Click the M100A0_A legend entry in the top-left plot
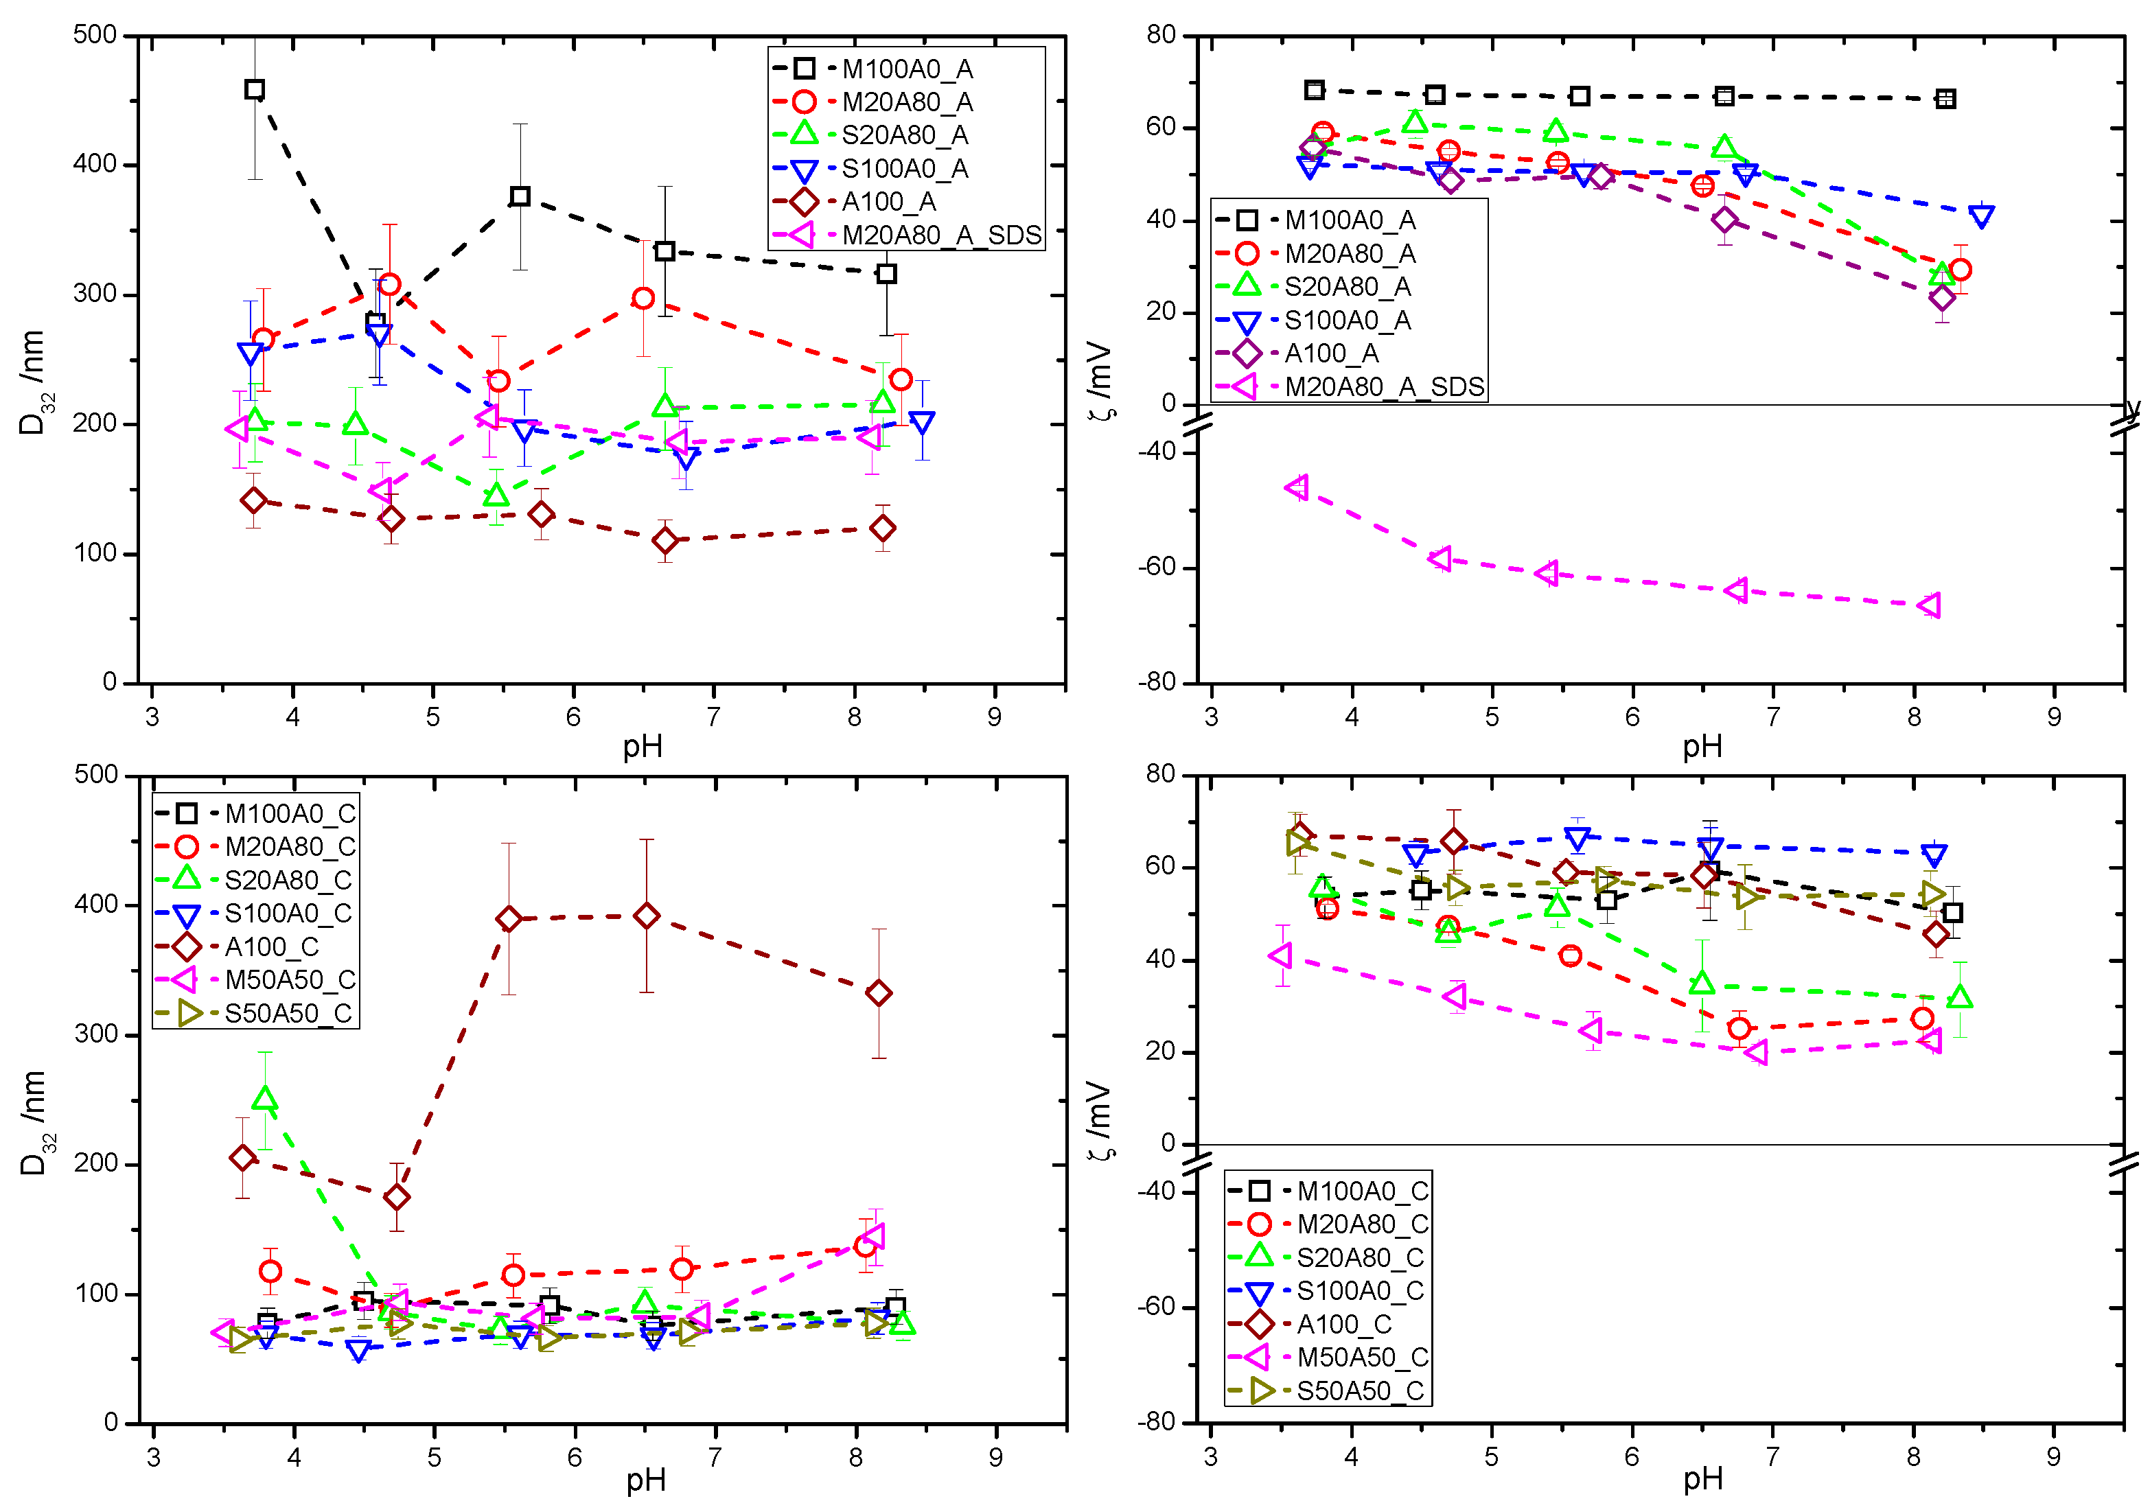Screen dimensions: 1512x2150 pos(905,69)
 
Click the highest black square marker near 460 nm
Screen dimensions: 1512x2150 pos(255,90)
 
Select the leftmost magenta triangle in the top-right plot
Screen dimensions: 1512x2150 pos(1297,487)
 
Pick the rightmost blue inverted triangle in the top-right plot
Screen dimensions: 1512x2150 pos(1980,217)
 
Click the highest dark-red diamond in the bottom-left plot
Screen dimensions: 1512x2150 pos(646,916)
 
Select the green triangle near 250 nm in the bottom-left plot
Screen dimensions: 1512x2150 pos(265,1099)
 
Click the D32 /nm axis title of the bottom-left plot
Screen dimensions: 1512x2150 pos(34,1123)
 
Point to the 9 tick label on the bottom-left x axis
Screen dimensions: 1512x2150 pos(995,1458)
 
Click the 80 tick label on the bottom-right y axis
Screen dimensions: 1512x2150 pos(1160,774)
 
